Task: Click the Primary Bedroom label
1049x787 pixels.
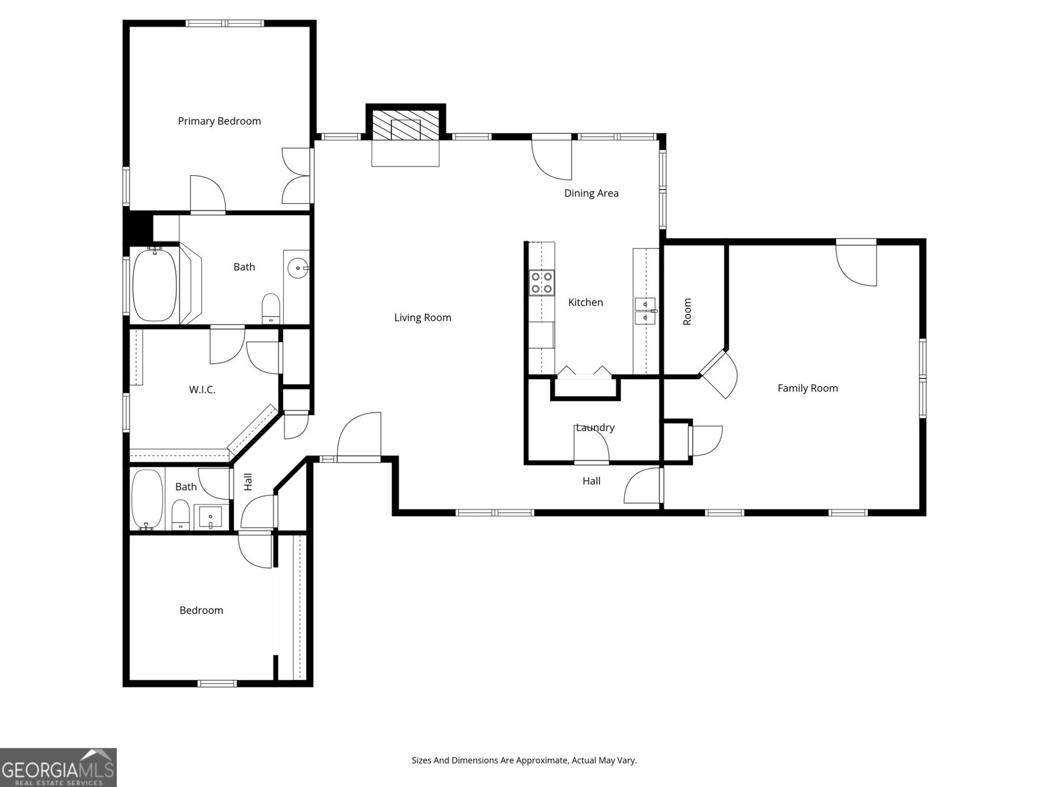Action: (219, 121)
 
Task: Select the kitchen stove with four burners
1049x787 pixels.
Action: (542, 283)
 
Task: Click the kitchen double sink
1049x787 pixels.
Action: (646, 310)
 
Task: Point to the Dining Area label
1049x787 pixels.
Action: (591, 193)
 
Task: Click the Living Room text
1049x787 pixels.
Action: (422, 318)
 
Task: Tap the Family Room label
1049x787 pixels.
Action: (807, 388)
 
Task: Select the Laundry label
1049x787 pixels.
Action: (595, 428)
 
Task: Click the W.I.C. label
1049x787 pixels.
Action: (202, 390)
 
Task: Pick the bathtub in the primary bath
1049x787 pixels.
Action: (155, 285)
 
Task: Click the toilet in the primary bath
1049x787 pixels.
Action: (271, 308)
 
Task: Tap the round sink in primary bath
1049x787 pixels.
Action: (298, 268)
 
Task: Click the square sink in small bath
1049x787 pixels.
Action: (210, 517)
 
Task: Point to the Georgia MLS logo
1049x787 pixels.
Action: (58, 767)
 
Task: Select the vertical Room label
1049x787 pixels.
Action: (687, 312)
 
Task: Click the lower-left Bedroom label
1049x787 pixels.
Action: (201, 611)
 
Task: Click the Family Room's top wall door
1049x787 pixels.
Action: (856, 262)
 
